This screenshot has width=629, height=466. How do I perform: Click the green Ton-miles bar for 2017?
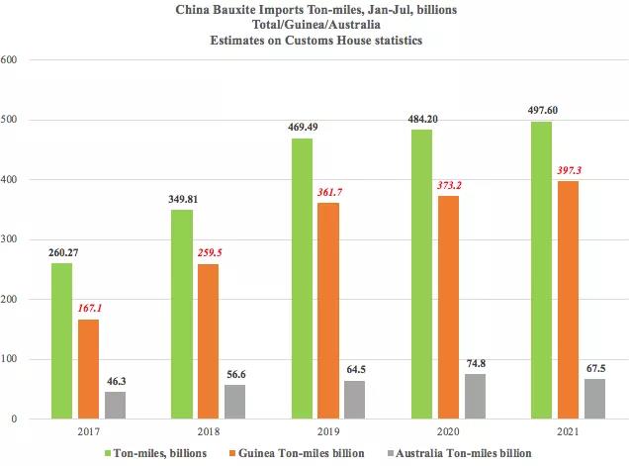(x=60, y=340)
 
